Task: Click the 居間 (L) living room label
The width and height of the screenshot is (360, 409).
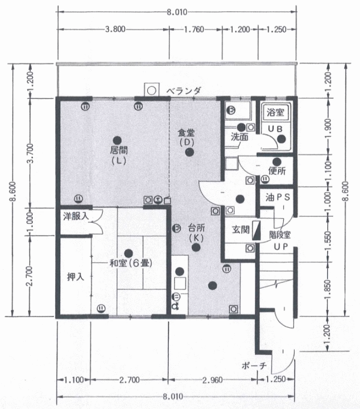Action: point(119,155)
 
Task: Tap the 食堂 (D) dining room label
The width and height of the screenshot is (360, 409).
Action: point(187,137)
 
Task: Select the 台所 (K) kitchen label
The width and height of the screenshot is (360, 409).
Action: point(196,233)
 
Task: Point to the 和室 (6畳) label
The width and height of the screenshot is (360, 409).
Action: point(131,263)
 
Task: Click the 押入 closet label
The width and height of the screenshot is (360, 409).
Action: point(76,277)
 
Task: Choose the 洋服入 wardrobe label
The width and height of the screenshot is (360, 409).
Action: point(76,216)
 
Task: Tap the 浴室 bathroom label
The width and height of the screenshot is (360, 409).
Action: point(275,112)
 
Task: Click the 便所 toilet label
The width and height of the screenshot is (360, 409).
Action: point(277,171)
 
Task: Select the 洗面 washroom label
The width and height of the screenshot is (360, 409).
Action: point(239,137)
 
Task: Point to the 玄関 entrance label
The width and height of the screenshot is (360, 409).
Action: point(241,230)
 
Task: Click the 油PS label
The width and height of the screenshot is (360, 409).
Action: point(278,197)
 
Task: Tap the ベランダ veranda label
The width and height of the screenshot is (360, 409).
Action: point(184,91)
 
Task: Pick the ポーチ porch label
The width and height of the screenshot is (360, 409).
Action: point(254,366)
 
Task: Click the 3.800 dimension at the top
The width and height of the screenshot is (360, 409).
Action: point(115,29)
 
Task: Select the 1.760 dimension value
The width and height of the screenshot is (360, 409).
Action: point(194,29)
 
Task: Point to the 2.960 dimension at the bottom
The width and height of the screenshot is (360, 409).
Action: point(213,380)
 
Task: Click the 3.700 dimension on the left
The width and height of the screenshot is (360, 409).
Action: point(31,153)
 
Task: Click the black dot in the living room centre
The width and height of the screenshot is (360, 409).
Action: point(117,140)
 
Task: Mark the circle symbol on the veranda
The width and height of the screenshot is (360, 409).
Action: point(151,91)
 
